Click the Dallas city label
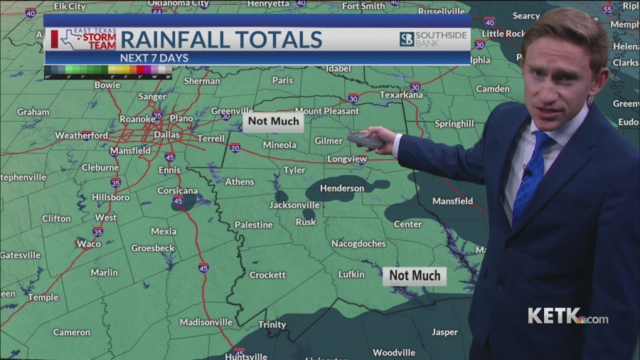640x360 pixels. pos(166,134)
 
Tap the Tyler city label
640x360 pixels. pos(294,171)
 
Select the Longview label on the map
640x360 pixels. pos(347,159)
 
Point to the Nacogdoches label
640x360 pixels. pos(358,244)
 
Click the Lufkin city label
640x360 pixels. pos(351,275)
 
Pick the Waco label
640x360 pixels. pos(88,244)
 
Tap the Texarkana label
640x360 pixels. pos(401,95)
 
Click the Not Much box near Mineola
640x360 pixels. pos(274,121)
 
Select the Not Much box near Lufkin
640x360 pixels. pos(415,275)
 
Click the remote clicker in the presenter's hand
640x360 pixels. pos(366,140)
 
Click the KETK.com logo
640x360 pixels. pos(567,316)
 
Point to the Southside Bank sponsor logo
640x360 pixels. pos(432,38)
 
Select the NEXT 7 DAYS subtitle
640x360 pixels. pos(151,58)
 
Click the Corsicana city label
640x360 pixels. pos(177,191)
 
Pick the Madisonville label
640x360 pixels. pos(206,322)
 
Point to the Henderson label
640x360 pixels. pos(342,189)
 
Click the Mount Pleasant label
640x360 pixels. pos(327,111)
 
